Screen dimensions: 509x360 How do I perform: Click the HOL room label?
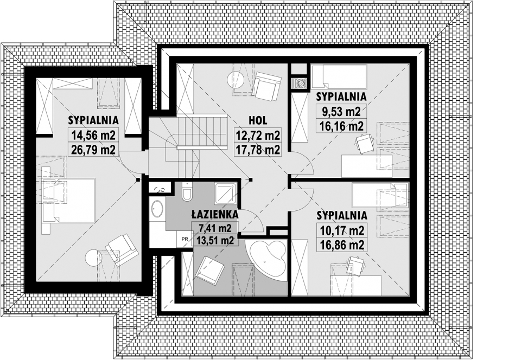coord(258,121)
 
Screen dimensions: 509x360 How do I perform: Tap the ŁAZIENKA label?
coord(214,214)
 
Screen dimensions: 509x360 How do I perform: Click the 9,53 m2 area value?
coord(341,112)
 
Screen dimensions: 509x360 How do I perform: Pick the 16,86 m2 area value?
coord(341,245)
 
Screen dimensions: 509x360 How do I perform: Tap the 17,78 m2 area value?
coord(258,150)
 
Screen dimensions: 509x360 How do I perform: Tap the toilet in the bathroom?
coord(188,192)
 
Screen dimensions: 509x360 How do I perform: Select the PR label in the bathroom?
coord(185,239)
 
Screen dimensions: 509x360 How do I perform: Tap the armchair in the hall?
coord(266,85)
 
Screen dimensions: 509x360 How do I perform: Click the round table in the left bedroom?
coord(93,257)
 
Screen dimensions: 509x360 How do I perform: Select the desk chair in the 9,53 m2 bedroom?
coord(365,143)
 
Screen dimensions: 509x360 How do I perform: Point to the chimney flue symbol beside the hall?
coord(299,83)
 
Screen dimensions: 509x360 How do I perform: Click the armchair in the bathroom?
coord(211,269)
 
